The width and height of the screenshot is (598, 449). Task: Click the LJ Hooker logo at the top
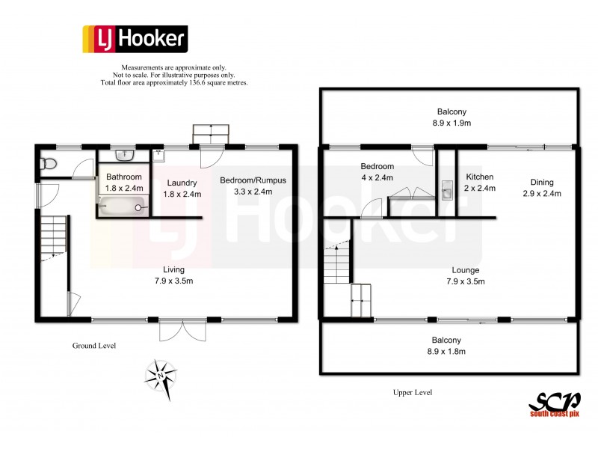[x=134, y=38]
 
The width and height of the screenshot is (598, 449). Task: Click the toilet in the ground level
[x=49, y=163]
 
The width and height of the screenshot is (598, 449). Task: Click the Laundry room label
[x=182, y=183]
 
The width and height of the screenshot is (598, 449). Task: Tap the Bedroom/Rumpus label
[x=253, y=180]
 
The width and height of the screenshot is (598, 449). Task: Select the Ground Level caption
[x=93, y=346]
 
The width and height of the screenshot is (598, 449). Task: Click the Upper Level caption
[x=413, y=392]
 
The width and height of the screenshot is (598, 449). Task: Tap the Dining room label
[x=541, y=182]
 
